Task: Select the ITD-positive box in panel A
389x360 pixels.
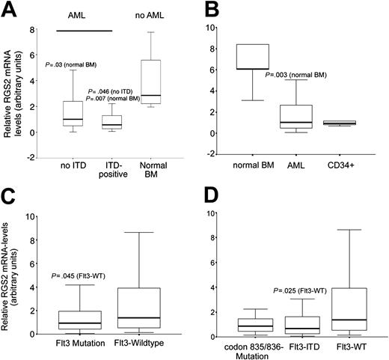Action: (112, 121)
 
